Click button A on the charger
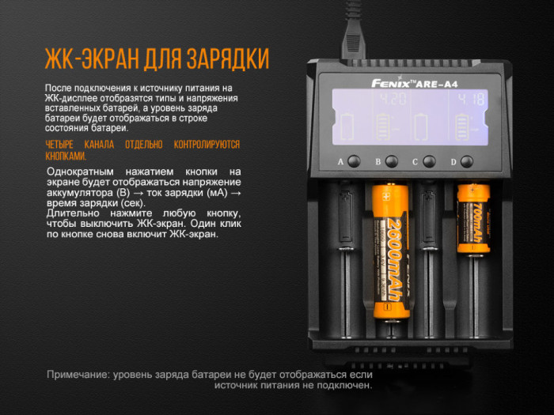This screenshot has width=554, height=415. click(354, 161)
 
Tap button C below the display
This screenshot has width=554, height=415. click(429, 161)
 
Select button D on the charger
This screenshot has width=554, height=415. click(467, 161)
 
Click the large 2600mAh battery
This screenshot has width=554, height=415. click(391, 251)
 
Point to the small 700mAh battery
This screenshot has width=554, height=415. click(472, 217)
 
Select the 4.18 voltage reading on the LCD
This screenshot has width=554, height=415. click(472, 100)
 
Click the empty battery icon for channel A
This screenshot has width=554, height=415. click(346, 126)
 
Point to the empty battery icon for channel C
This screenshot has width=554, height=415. click(422, 126)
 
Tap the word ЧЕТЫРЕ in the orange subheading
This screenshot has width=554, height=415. click(65, 145)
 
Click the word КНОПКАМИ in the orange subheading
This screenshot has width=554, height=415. click(65, 156)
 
